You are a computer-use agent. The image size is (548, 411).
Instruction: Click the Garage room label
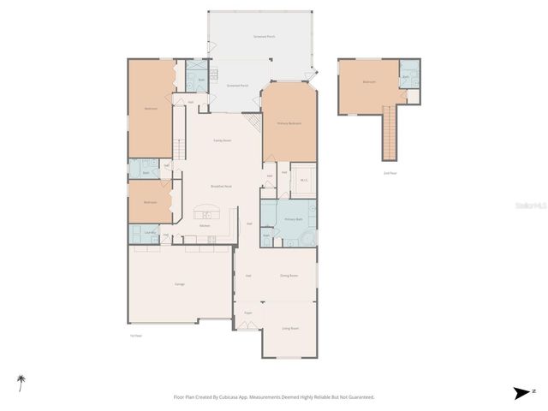click(x=180, y=283)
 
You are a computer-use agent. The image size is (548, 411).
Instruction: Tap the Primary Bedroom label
click(x=289, y=123)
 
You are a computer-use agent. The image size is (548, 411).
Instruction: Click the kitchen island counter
click(x=206, y=214)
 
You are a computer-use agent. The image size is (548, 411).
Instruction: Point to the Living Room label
click(x=289, y=328)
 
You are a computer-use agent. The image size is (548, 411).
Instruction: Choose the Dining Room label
click(x=289, y=276)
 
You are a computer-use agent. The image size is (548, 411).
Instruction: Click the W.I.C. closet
click(x=303, y=180)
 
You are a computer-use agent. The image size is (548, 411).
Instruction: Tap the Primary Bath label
click(x=295, y=219)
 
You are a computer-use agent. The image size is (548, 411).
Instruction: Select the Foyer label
click(x=247, y=313)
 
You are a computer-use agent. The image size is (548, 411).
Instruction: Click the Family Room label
click(x=222, y=140)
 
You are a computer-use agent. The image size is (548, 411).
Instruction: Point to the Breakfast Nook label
click(x=223, y=186)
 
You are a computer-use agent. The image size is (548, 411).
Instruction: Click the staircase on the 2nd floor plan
click(x=390, y=137)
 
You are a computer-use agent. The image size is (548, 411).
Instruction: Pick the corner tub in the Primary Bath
click(x=308, y=237)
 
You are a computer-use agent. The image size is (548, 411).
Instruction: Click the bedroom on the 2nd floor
click(x=368, y=83)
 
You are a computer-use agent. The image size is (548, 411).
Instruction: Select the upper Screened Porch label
click(x=264, y=37)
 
